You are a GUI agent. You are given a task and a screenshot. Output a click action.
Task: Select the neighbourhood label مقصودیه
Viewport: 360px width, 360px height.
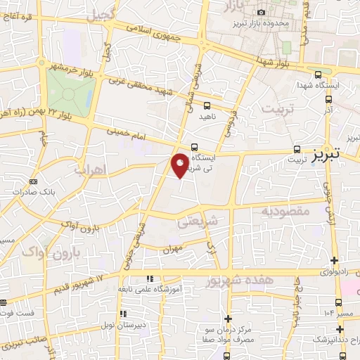pos(285,210)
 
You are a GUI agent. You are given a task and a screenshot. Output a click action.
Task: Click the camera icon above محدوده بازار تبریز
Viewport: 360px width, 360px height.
pos(262,12)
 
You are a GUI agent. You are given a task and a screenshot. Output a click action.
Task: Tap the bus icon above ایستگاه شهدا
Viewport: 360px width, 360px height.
pos(318,74)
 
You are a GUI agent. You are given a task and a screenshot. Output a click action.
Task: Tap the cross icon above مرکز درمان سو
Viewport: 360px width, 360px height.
pos(227,318)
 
